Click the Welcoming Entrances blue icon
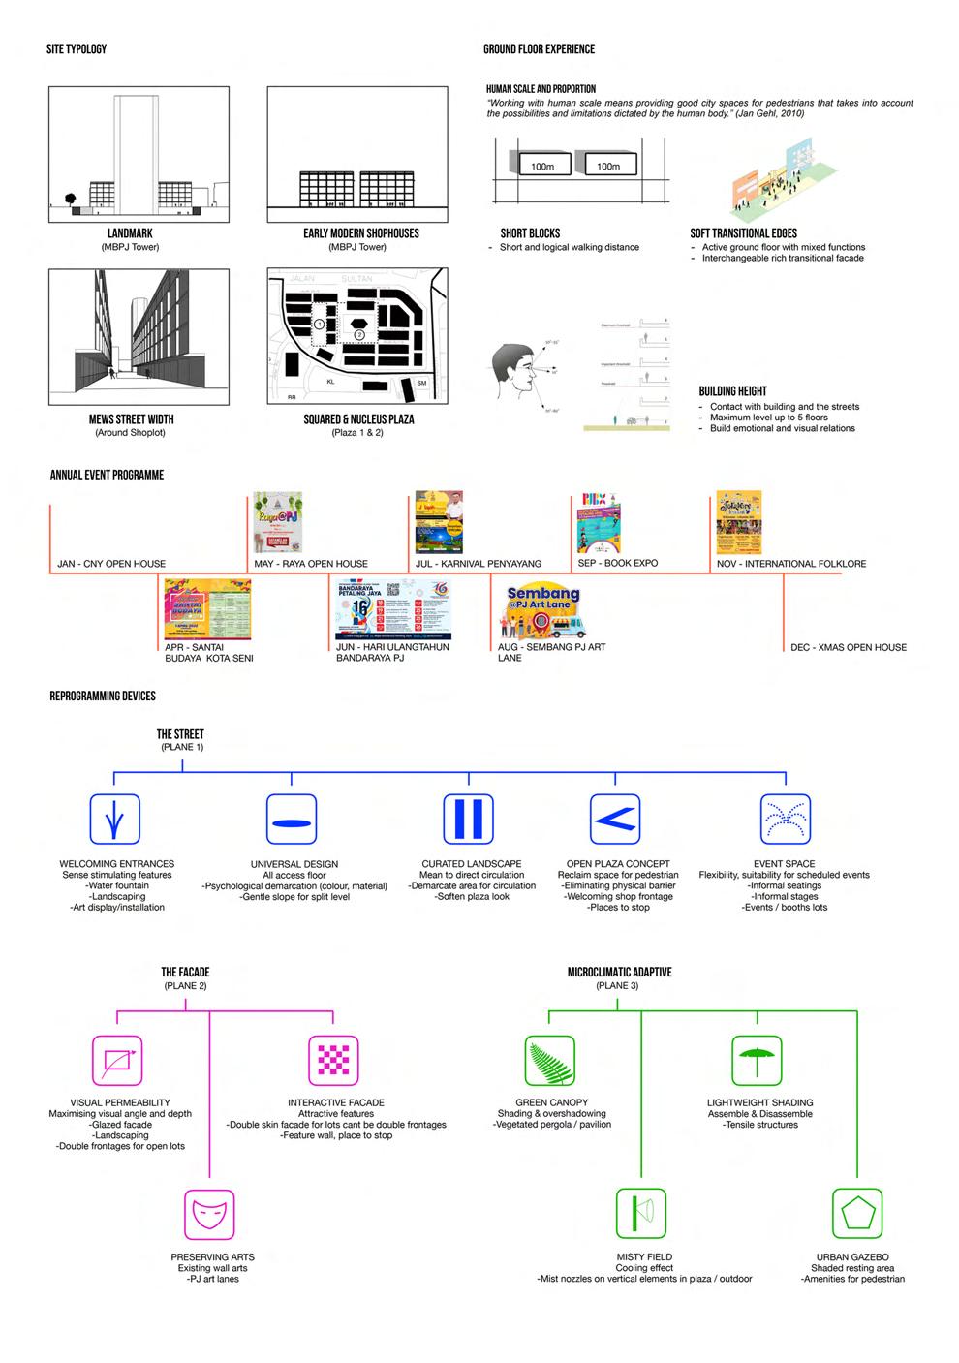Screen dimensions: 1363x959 115,819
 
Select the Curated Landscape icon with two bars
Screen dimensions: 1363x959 468,819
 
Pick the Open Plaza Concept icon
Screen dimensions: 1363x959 615,819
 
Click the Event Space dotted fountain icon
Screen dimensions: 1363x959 786,819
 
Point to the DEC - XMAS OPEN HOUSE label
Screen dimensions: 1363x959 849,647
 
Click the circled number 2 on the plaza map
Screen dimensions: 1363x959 359,334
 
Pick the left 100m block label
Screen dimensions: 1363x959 542,167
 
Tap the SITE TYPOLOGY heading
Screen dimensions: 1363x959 77,49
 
